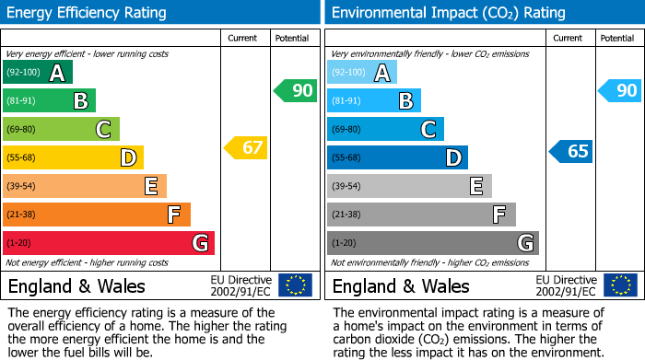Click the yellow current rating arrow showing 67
[x=246, y=147]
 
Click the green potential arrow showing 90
[x=295, y=90]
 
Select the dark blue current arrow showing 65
[x=570, y=151]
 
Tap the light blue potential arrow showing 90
[x=619, y=90]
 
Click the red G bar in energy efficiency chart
[x=109, y=243]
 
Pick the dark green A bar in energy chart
[x=38, y=73]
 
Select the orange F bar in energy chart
[x=97, y=215]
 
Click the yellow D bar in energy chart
[x=73, y=157]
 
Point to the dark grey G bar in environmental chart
[x=432, y=243]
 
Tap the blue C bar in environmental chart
[x=385, y=129]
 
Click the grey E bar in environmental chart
[x=409, y=186]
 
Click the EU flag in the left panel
[x=295, y=285]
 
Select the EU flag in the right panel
[x=619, y=285]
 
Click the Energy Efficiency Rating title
[x=88, y=13]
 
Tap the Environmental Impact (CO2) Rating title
[x=448, y=13]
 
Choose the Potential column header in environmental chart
[x=617, y=38]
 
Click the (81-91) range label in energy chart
[x=23, y=100]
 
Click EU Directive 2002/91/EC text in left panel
[x=241, y=285]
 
